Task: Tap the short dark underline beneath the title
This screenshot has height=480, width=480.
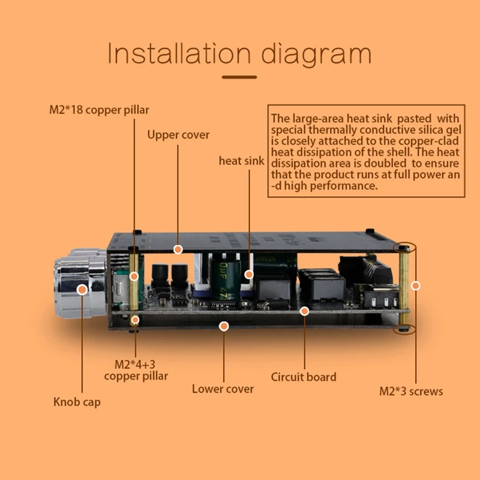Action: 239,77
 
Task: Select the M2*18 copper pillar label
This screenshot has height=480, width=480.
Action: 99,110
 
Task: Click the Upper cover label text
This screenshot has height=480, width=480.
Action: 178,134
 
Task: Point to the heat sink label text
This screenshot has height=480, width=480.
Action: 241,161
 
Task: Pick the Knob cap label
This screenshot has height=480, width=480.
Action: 77,401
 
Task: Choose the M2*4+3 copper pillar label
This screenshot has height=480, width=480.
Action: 136,370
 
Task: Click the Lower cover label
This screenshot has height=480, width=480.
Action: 223,389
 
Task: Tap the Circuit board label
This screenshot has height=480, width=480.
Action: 304,377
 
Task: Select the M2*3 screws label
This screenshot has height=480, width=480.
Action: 411,391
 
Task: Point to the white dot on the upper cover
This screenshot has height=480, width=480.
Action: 178,248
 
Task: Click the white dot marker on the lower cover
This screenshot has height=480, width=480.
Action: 224,326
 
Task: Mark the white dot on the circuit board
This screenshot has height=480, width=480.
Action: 305,311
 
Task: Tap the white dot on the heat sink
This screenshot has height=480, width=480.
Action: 249,274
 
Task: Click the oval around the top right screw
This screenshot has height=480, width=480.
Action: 403,247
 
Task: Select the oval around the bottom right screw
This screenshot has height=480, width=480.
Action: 404,329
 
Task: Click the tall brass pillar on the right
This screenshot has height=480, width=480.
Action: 405,288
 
